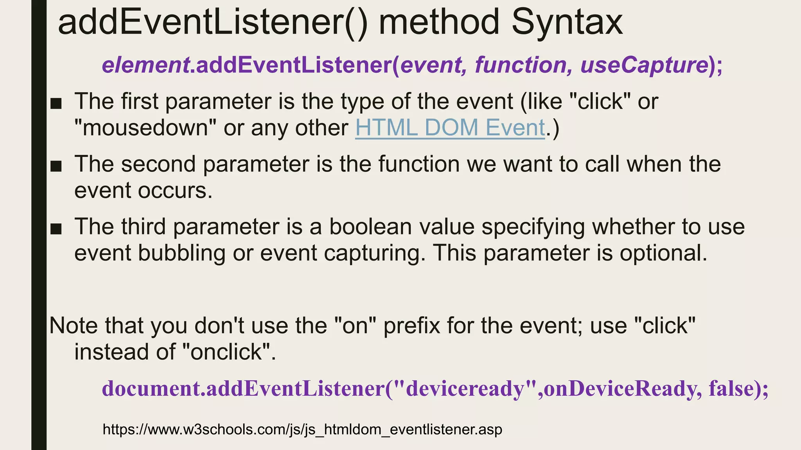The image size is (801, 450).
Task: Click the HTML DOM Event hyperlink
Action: pos(450,128)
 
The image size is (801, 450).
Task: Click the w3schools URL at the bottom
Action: pos(302,429)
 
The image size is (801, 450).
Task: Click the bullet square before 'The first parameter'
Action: pos(56,104)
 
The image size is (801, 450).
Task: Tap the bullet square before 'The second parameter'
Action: pos(56,166)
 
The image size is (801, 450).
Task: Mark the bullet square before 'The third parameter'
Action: pos(56,229)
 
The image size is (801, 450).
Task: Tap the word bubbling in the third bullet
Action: pos(181,253)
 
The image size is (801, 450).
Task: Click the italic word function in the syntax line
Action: pos(521,65)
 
